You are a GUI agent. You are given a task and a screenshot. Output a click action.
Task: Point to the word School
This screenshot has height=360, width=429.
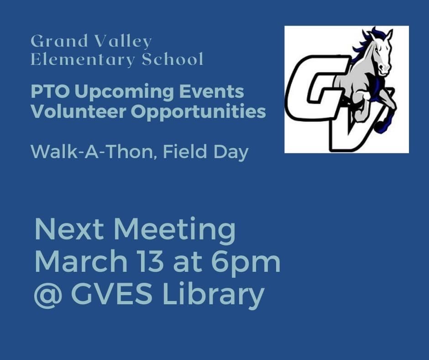click(x=173, y=58)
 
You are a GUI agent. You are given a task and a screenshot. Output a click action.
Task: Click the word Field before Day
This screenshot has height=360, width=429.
click(x=185, y=152)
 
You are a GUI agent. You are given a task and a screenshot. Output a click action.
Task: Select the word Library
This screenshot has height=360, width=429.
click(x=214, y=295)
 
